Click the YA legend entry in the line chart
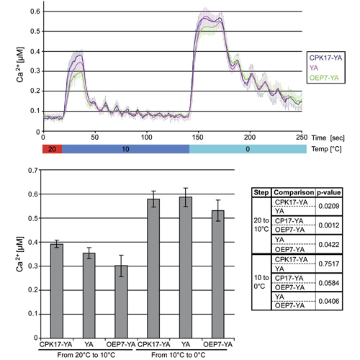coord(314,68)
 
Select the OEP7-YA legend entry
coord(324,78)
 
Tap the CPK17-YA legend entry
coord(325,58)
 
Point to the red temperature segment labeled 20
coord(53,149)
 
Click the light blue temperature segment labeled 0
coord(248,149)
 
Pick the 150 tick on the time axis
coord(197,138)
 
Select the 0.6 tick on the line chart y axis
coord(35,12)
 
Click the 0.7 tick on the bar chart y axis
coord(33,170)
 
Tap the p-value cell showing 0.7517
coord(329,264)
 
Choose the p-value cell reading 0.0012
coord(329,225)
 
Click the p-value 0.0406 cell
coord(329,301)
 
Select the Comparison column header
coord(294,192)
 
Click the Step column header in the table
coord(261,192)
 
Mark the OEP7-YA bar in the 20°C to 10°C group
coord(122,302)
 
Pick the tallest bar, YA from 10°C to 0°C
coord(186,267)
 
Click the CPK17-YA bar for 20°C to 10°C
coord(57,291)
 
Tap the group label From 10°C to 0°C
coord(179,355)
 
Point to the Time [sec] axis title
coord(328,138)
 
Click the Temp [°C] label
coord(326,149)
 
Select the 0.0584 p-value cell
coord(329,283)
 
